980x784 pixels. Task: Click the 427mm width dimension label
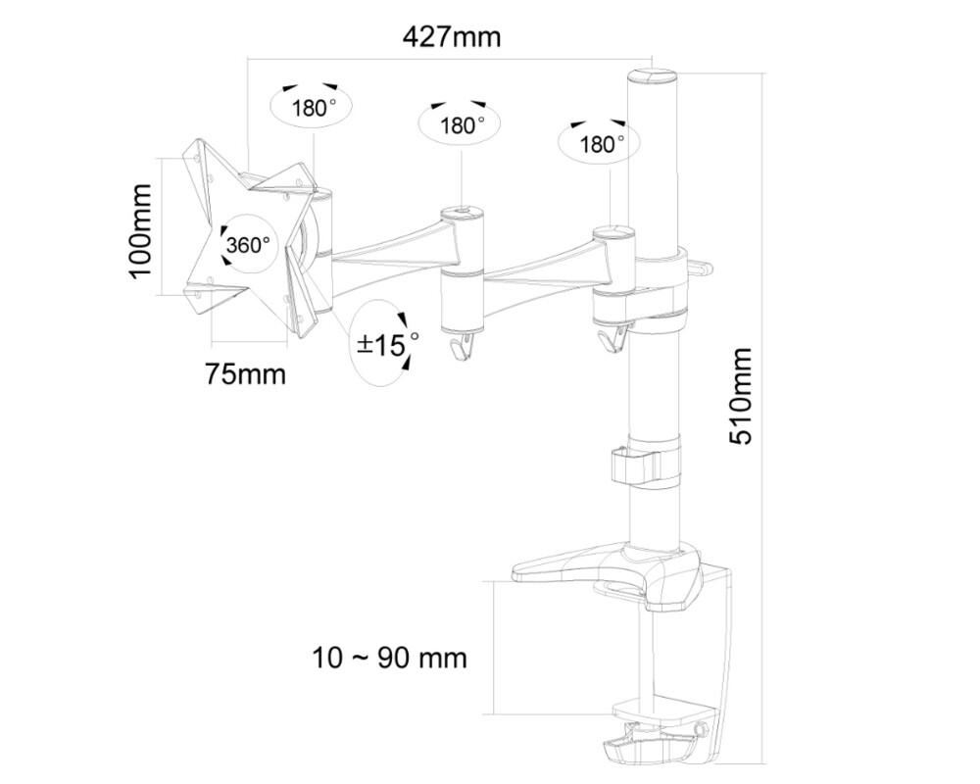point(451,37)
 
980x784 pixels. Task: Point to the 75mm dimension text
point(244,373)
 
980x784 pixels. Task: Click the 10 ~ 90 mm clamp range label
point(390,658)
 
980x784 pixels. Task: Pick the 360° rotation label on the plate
point(247,245)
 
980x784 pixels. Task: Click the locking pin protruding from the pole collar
point(703,266)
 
